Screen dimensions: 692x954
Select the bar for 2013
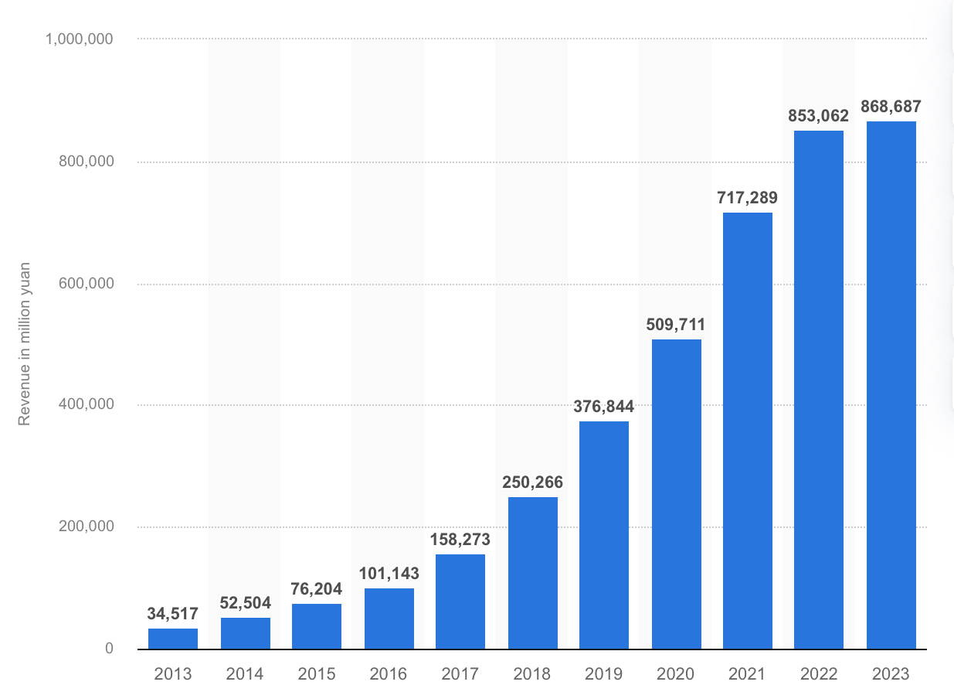[x=173, y=639]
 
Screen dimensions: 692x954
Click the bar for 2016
[x=389, y=619]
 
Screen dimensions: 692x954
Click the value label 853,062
[x=818, y=116]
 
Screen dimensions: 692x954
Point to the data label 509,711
[x=676, y=325]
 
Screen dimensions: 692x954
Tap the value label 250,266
[x=532, y=482]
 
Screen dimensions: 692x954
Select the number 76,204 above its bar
[x=317, y=589]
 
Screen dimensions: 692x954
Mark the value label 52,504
[x=245, y=603]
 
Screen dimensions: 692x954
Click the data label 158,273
[x=460, y=539]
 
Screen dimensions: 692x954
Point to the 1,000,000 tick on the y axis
[x=80, y=39]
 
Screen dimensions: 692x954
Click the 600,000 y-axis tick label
[x=86, y=284]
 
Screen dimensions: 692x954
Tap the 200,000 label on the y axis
[x=86, y=527]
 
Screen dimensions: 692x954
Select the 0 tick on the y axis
[x=109, y=649]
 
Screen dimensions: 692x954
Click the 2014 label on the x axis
[x=245, y=673]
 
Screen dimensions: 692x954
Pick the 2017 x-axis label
[x=460, y=673]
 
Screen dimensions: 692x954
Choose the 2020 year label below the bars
[x=676, y=673]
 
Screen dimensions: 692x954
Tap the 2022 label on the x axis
[x=819, y=673]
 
